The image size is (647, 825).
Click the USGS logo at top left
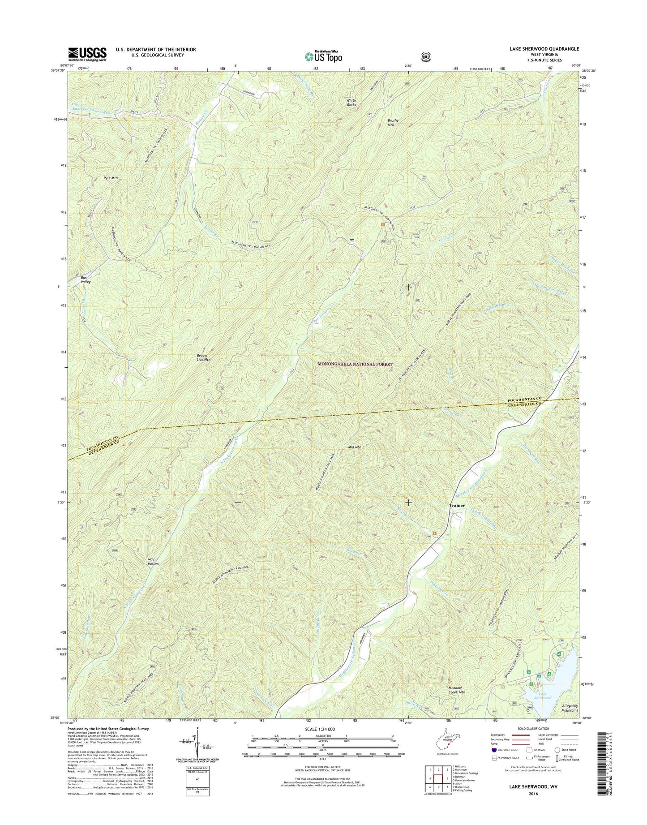pos(87,54)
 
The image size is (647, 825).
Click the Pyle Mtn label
pos(110,178)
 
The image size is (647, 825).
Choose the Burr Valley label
pos(86,279)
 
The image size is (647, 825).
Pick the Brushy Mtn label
pos(393,123)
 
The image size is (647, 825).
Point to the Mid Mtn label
pos(354,447)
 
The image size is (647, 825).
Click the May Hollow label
pos(154,562)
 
